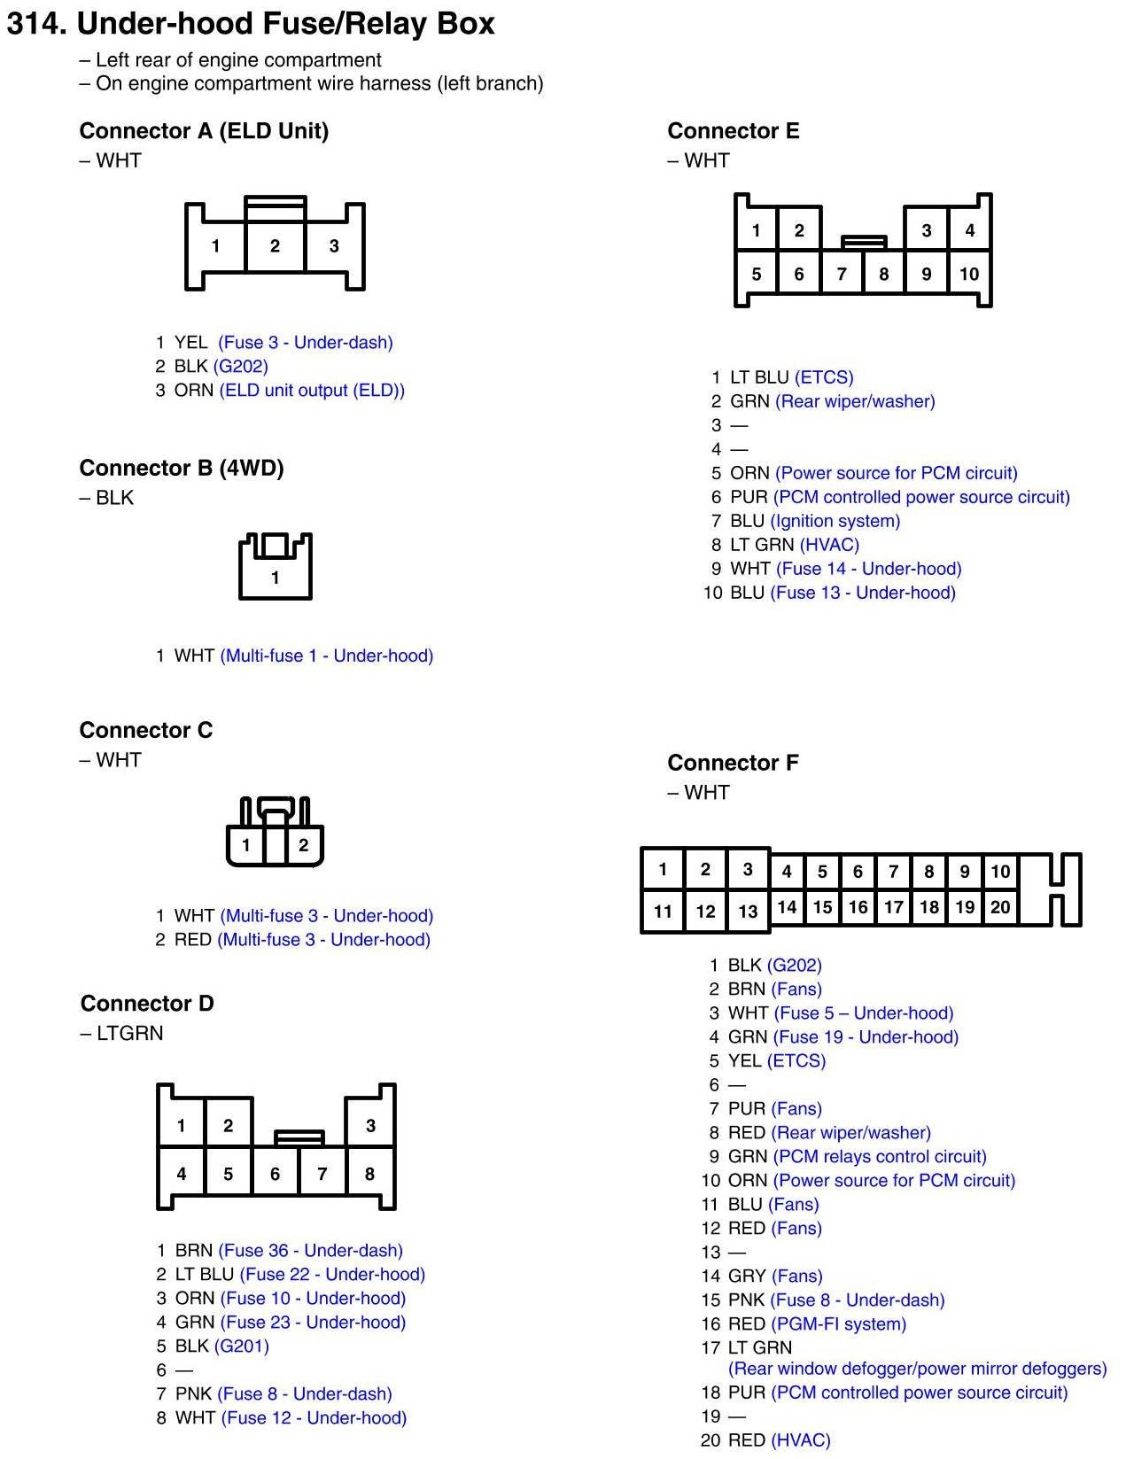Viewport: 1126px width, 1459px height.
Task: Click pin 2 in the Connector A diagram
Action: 275,246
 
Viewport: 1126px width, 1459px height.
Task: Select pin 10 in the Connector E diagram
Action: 969,275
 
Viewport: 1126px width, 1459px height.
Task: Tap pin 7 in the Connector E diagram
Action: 842,275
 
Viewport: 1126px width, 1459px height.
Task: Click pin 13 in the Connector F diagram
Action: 748,911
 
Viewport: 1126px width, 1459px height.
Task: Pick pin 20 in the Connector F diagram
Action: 1000,907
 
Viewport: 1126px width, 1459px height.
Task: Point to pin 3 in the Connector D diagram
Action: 370,1126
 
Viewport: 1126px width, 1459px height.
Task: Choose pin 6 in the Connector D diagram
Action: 275,1175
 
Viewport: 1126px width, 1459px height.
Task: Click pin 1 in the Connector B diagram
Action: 275,578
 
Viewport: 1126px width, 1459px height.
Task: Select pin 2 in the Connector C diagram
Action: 303,845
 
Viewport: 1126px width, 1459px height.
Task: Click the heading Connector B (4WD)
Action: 182,468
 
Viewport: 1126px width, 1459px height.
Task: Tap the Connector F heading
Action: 733,763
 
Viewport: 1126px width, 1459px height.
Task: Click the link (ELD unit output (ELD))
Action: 312,391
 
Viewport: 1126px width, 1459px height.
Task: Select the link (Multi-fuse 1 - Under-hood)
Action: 327,656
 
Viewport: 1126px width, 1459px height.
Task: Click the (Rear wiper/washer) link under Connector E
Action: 855,402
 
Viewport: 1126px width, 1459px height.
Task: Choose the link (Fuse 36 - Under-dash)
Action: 310,1251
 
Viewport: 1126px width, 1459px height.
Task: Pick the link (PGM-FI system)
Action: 839,1324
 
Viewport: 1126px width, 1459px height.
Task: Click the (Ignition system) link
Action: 835,522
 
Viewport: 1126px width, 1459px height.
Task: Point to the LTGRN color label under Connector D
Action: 129,1034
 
